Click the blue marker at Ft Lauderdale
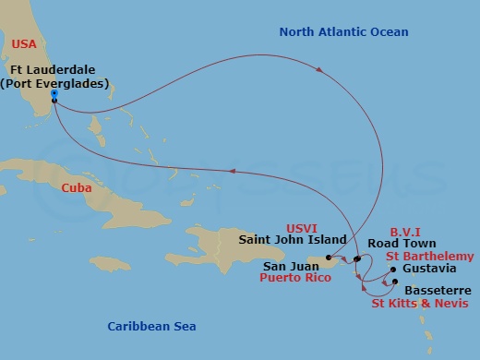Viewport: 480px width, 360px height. [x=54, y=94]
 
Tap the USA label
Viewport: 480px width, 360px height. [x=26, y=42]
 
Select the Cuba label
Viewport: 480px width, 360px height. [x=76, y=187]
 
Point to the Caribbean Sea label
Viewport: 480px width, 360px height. [x=150, y=326]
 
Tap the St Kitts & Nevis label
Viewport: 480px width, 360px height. [x=419, y=303]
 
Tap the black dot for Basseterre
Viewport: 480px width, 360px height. [x=394, y=282]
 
